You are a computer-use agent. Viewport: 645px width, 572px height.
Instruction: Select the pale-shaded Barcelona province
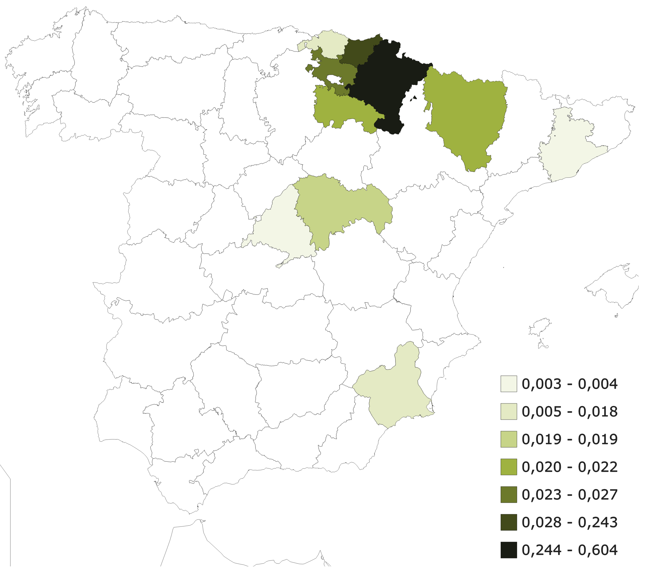(x=568, y=147)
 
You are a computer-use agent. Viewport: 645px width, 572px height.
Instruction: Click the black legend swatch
(x=508, y=550)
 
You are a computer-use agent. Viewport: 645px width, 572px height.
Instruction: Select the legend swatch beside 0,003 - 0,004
(x=508, y=384)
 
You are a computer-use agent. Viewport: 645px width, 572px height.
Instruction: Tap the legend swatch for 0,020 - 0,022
(x=508, y=467)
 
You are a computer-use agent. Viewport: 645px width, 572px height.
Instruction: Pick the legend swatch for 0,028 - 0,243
(x=508, y=522)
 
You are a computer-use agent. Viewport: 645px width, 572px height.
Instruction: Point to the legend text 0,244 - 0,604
(x=569, y=550)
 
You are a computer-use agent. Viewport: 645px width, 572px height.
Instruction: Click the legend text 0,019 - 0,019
(x=569, y=439)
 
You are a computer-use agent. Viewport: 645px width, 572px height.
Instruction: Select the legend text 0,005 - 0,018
(x=569, y=411)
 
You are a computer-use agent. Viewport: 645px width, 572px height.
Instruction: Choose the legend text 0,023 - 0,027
(x=569, y=495)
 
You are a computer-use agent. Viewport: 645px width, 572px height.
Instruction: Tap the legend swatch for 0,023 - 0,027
(x=508, y=495)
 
